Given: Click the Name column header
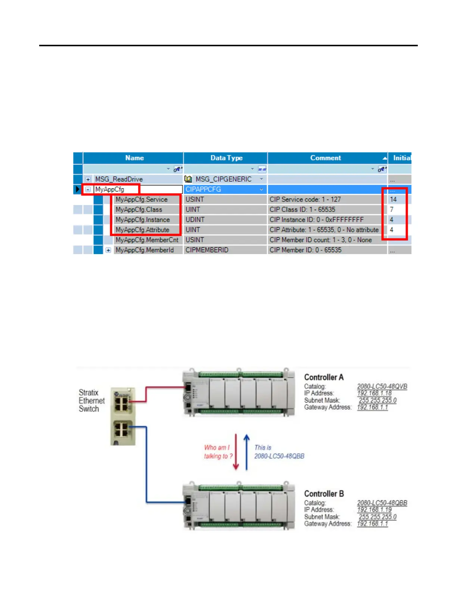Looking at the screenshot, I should pos(134,158).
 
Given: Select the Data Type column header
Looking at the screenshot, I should pos(226,158).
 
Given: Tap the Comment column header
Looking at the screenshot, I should pos(326,158).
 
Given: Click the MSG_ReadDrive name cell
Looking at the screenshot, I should pos(119,179).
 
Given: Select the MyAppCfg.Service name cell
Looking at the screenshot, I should pos(142,200).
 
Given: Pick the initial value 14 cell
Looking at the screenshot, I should pos(393,200).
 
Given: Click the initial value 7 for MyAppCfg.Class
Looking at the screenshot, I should pos(392,210).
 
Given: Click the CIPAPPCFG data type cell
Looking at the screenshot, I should pos(203,190).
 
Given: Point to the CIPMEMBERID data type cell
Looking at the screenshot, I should pos(207,250).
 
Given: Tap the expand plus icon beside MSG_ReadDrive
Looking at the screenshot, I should pos(88,179).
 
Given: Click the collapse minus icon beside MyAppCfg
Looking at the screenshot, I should pos(88,190).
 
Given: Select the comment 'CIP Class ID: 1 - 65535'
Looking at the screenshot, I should pos(302,210).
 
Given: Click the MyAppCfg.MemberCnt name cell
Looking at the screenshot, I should pos(147,240).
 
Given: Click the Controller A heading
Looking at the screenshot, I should pos(324,377).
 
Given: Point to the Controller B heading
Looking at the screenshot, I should pos(324,494).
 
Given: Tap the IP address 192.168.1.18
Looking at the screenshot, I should pos(374,393).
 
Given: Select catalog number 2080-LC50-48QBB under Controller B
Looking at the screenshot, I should pos(382,503).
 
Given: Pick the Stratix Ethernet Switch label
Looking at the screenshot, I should pos(91,401).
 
